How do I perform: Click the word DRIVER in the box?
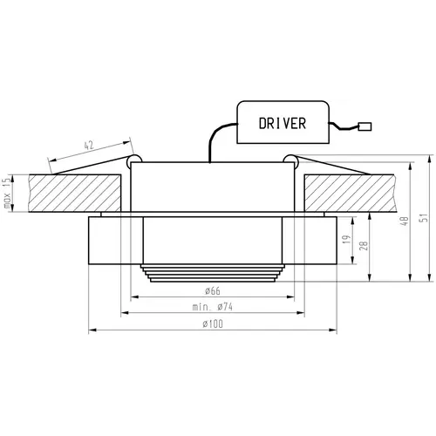click(283, 123)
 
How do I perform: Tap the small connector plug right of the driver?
click(364, 126)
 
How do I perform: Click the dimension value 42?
click(89, 146)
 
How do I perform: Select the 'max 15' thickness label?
click(7, 194)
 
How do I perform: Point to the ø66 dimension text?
click(213, 290)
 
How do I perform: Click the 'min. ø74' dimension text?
click(213, 307)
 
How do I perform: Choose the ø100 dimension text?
click(213, 324)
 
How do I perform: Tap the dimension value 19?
click(346, 239)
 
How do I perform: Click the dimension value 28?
click(364, 246)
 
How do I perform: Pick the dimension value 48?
click(405, 221)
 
